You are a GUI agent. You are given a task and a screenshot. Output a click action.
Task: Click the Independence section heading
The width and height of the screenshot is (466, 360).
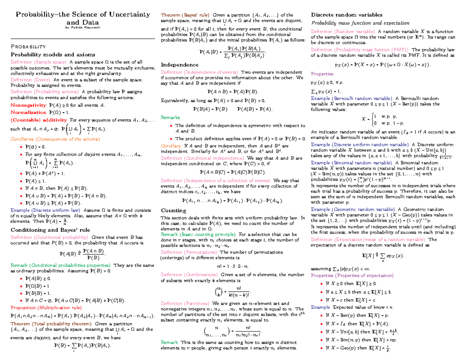(x=179, y=64)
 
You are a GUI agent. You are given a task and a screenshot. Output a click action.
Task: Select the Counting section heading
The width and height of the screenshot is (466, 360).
(x=173, y=210)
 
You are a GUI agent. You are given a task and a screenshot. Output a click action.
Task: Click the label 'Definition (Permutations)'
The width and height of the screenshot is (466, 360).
(x=183, y=252)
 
